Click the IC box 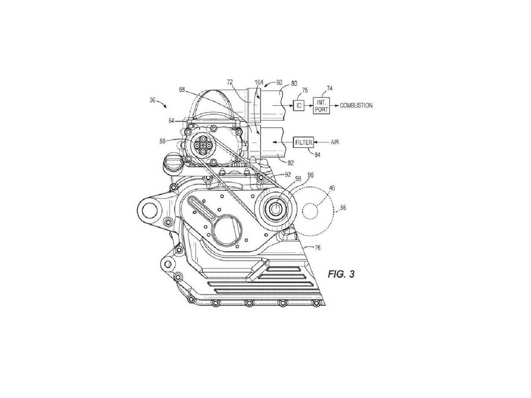299,106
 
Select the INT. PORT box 322,106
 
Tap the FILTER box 303,142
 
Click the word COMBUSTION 356,106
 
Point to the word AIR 335,142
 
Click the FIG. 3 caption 341,274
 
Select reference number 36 152,100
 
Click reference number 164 259,83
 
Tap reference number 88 162,141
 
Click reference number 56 343,207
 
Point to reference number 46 332,188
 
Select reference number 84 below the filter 317,155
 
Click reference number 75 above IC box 305,90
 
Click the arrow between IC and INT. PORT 309,106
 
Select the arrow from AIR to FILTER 321,142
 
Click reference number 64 171,121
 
